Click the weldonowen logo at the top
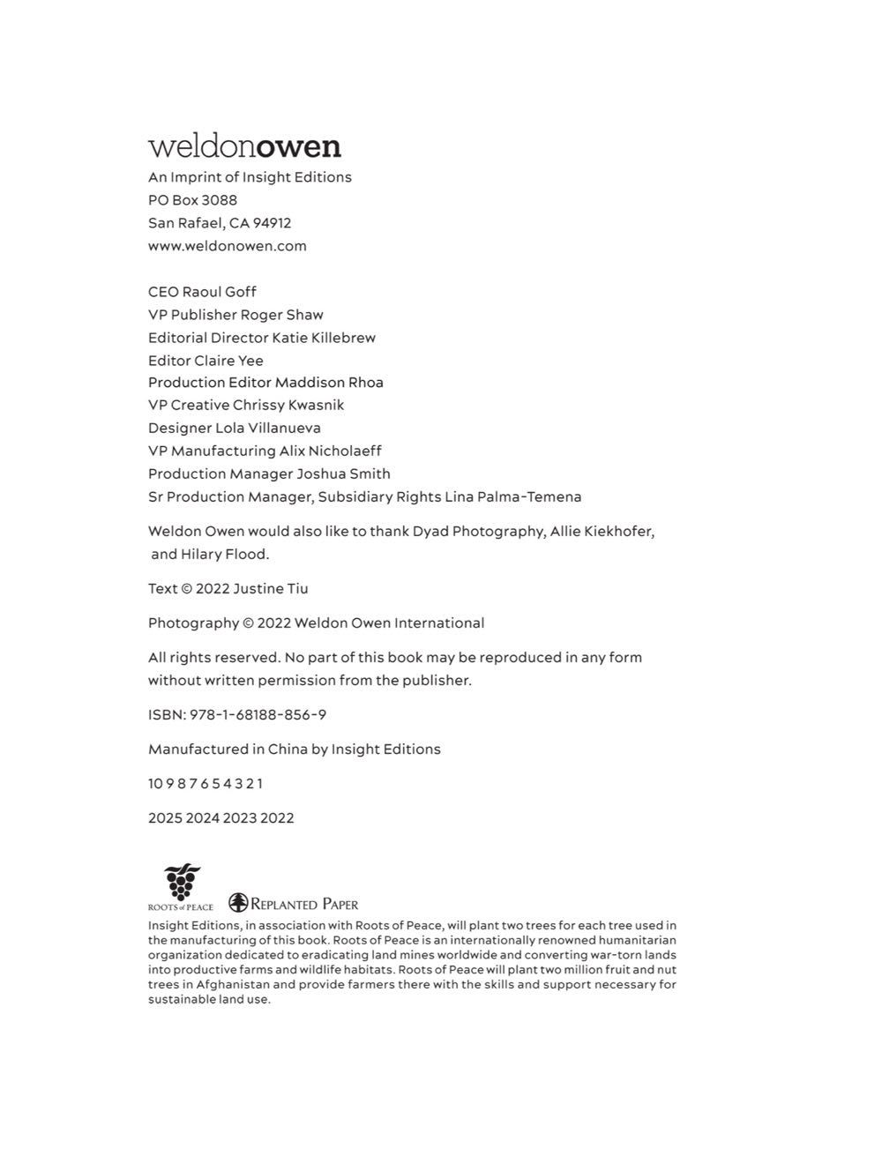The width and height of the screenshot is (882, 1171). (244, 146)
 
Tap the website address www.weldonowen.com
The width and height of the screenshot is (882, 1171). (228, 246)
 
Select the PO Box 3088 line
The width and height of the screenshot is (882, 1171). (192, 200)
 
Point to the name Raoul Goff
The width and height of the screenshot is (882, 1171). (219, 292)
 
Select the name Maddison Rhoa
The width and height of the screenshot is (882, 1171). (329, 383)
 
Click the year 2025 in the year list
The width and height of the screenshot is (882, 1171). (165, 818)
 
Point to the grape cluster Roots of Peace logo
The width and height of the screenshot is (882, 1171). (182, 883)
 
